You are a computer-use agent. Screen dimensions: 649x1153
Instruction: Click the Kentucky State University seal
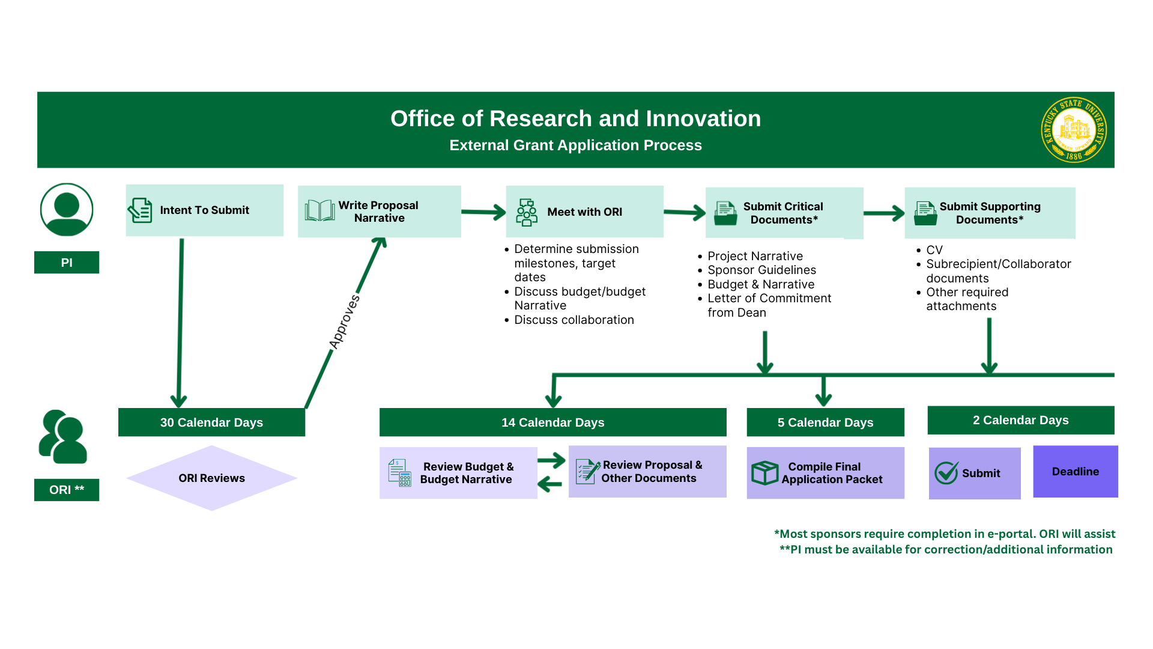click(x=1073, y=130)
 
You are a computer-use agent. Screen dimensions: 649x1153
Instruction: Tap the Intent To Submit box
click(x=204, y=210)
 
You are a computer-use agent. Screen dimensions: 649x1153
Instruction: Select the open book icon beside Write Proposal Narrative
click(x=319, y=211)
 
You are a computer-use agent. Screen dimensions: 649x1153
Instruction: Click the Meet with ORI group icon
click(x=527, y=212)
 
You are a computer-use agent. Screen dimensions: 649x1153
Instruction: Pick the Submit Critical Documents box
click(x=784, y=213)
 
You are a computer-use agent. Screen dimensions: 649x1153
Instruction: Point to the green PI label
click(x=67, y=263)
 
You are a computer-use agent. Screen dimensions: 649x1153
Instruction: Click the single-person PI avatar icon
click(x=67, y=210)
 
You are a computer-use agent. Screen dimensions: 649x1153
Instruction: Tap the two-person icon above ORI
click(x=63, y=437)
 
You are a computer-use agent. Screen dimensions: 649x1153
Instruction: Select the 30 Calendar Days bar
click(x=211, y=422)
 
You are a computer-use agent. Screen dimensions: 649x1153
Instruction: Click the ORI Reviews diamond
click(x=211, y=478)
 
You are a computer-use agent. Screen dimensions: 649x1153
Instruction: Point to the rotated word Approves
click(x=345, y=321)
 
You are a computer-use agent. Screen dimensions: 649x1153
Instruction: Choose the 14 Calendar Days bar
click(x=552, y=422)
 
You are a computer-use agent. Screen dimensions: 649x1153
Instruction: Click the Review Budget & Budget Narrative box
click(x=458, y=473)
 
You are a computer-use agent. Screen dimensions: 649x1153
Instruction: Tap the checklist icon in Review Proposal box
click(x=587, y=471)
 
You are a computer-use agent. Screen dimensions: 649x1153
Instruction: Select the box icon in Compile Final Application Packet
click(x=764, y=473)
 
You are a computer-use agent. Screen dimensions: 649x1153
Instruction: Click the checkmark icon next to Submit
click(x=946, y=473)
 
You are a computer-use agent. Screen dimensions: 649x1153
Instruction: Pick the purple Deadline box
click(x=1075, y=472)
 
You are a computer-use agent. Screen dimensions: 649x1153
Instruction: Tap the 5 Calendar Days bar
click(x=825, y=422)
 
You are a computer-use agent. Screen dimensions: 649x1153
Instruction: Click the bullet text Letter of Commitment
click(x=769, y=299)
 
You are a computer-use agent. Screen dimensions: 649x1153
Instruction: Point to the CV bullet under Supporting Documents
click(x=934, y=250)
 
